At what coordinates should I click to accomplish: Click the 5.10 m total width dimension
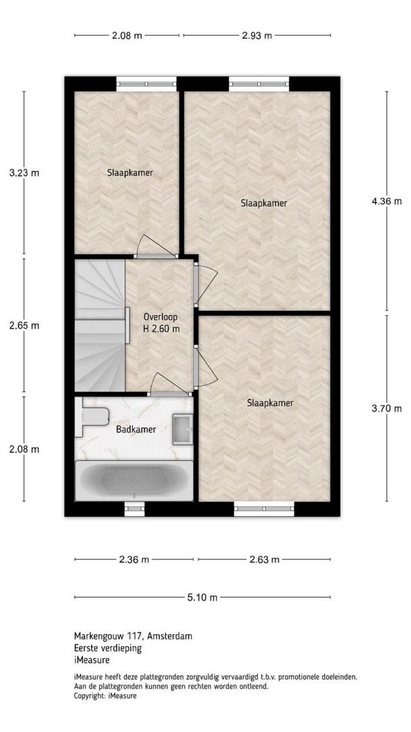pos(202,597)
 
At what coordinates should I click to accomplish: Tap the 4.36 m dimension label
pos(386,201)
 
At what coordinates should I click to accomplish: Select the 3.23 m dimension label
pos(24,173)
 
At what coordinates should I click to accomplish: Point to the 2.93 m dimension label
pos(257,35)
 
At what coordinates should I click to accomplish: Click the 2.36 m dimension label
pos(134,559)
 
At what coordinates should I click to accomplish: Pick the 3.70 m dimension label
pos(386,409)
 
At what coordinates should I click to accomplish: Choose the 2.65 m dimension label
pos(24,325)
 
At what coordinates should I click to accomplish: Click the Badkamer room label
pos(136,429)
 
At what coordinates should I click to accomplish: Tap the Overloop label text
pos(161,317)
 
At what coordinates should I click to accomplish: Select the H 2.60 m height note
pos(161,329)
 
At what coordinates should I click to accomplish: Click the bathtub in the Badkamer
pos(134,481)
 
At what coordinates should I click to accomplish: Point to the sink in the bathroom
pos(182,429)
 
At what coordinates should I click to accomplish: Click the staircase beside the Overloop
pos(100,325)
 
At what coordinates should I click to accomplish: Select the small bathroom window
pos(135,508)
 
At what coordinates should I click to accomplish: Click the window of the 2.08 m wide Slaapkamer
pos(146,84)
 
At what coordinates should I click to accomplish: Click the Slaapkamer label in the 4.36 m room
pos(263,203)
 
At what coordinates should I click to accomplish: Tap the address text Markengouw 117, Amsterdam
pos(133,636)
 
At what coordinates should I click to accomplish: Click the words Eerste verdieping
pos(108,648)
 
